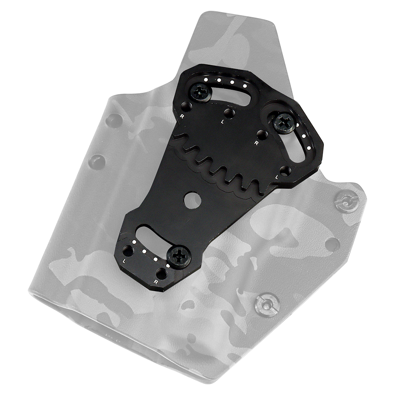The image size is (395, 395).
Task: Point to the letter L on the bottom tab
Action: point(125,261)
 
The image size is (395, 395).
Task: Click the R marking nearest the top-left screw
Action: point(182,117)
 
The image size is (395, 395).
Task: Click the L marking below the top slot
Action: point(223,122)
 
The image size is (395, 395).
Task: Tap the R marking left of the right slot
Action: point(256,143)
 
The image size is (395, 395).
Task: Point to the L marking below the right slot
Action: point(276,179)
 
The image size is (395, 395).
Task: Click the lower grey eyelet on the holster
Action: point(267,304)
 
